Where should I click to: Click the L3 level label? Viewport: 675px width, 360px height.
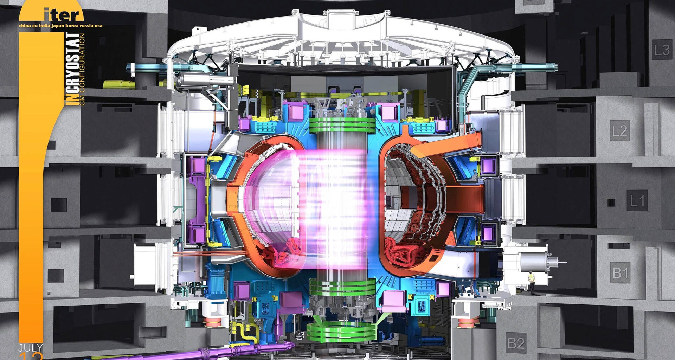point(662,50)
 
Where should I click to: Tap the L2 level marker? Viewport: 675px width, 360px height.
point(619,131)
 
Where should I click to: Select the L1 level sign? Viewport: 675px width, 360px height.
point(637,201)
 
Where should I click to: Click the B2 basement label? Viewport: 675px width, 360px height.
point(516,343)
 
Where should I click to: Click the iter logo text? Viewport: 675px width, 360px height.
point(63,15)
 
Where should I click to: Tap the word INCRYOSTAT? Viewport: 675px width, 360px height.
point(72,69)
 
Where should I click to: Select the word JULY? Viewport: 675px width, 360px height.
point(31,348)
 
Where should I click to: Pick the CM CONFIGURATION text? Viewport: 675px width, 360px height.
point(82,69)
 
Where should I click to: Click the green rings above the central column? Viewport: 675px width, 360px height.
point(342,125)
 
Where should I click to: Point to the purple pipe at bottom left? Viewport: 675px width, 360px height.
point(211,352)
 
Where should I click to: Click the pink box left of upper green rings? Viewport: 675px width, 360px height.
point(296,112)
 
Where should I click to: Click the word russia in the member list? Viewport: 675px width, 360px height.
point(86,26)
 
